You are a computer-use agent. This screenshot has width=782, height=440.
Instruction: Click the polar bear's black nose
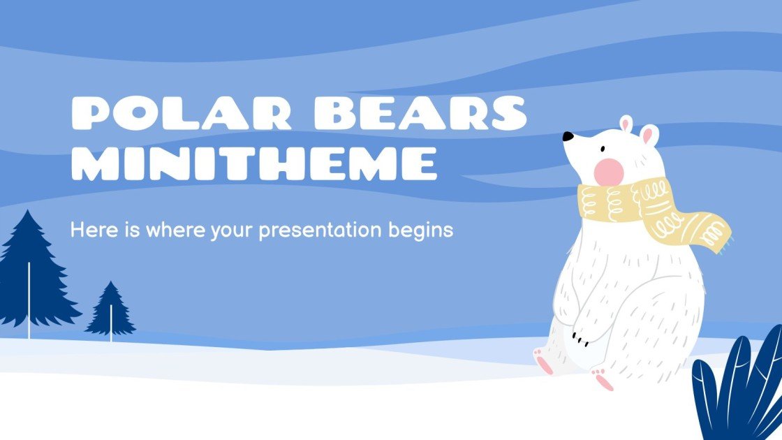click(x=568, y=136)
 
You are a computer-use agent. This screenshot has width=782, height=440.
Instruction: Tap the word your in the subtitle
click(x=233, y=230)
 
